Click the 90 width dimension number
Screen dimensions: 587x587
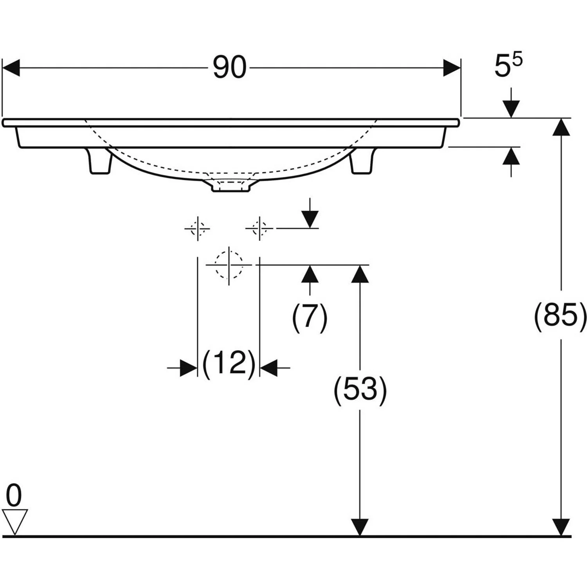(230, 67)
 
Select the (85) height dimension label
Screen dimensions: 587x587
(561, 315)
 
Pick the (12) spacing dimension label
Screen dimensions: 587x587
(229, 363)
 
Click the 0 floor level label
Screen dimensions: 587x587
(14, 495)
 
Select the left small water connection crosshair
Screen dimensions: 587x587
(198, 228)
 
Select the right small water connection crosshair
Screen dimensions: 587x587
(259, 228)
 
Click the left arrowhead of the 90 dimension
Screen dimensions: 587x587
(11, 68)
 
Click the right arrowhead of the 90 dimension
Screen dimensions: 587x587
(452, 68)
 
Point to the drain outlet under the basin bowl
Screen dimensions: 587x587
(230, 185)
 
